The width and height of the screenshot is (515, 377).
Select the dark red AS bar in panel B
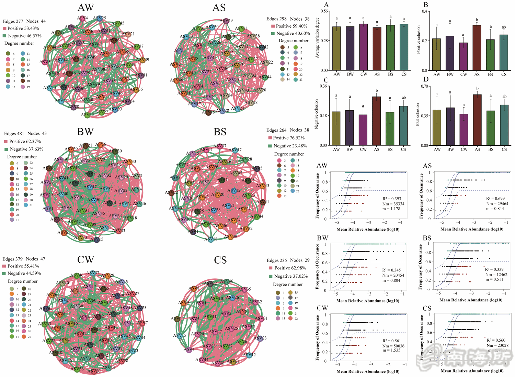click(477, 48)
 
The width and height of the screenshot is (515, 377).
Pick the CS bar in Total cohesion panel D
click(504, 125)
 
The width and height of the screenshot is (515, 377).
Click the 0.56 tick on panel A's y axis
click(324, 11)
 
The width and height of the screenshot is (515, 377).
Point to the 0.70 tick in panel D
click(425, 86)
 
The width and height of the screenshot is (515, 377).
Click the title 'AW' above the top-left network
click(86, 8)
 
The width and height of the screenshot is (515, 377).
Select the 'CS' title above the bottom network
click(220, 260)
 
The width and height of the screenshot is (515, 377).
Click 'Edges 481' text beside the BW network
click(14, 133)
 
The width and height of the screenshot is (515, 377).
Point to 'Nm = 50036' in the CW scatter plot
click(393, 346)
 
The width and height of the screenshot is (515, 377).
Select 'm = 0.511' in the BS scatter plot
click(494, 279)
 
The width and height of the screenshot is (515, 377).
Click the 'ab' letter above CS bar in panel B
click(504, 27)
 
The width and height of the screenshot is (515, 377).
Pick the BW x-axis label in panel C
click(350, 149)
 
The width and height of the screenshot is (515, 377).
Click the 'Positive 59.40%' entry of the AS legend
click(291, 26)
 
